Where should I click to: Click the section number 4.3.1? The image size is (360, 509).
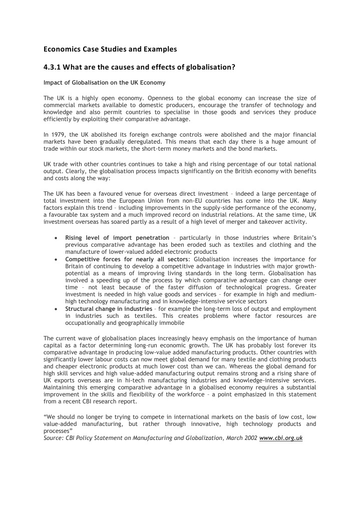click(53, 68)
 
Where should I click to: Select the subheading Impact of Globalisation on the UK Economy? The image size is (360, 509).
click(104, 82)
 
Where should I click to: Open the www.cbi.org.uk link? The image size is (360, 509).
click(281, 437)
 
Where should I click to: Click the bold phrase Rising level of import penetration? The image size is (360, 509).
click(117, 237)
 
